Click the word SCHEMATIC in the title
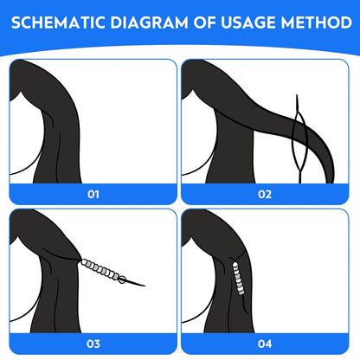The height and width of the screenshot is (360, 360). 58,22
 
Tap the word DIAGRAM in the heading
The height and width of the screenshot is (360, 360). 149,22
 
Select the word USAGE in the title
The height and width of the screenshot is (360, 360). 248,22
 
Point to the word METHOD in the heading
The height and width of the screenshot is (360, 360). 317,22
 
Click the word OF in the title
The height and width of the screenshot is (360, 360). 204,22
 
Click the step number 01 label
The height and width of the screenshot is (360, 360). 93,195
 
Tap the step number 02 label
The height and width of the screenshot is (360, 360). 265,195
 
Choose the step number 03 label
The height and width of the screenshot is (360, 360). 93,344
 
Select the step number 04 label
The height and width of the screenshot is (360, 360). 265,344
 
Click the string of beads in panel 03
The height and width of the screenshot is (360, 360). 100,270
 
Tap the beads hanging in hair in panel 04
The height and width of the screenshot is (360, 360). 238,279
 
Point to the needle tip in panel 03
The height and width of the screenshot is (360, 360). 145,286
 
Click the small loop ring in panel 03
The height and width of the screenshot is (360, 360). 122,280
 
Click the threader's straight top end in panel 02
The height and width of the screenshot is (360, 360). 297,103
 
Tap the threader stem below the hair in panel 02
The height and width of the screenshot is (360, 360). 300,177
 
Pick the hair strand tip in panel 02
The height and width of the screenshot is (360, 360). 331,180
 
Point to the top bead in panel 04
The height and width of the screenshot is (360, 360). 235,264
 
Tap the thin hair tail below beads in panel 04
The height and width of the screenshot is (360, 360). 245,305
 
